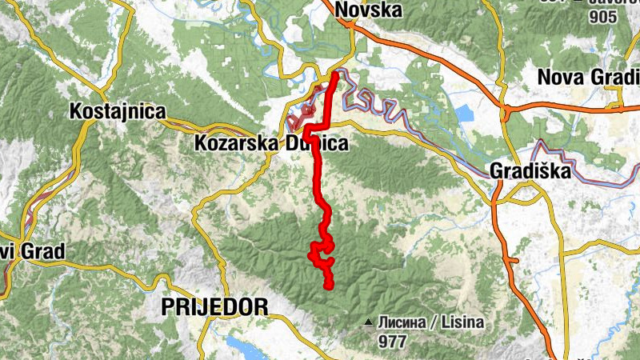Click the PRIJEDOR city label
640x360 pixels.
click(214, 306)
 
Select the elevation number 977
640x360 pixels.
click(392, 342)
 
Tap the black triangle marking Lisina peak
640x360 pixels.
click(369, 323)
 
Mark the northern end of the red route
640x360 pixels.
click(335, 74)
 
